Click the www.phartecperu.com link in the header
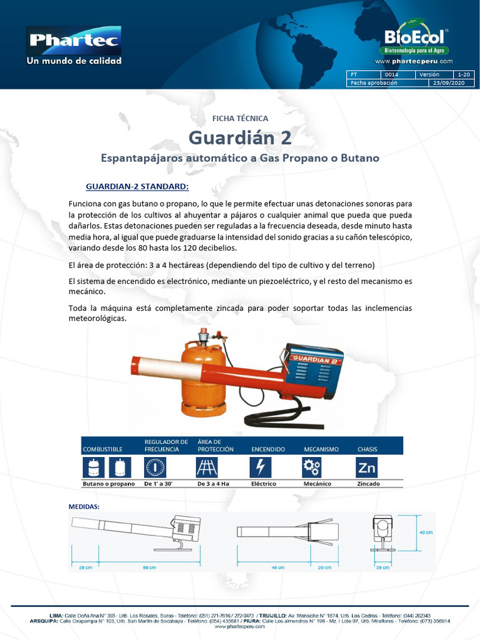pos(413,61)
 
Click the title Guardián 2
pos(240,137)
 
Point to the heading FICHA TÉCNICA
pos(240,118)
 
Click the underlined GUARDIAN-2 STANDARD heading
pos(137,187)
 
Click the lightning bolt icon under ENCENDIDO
pos(260,467)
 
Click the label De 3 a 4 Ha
pos(213,484)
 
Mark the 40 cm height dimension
pos(425,532)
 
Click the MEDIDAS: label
pos(83,505)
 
